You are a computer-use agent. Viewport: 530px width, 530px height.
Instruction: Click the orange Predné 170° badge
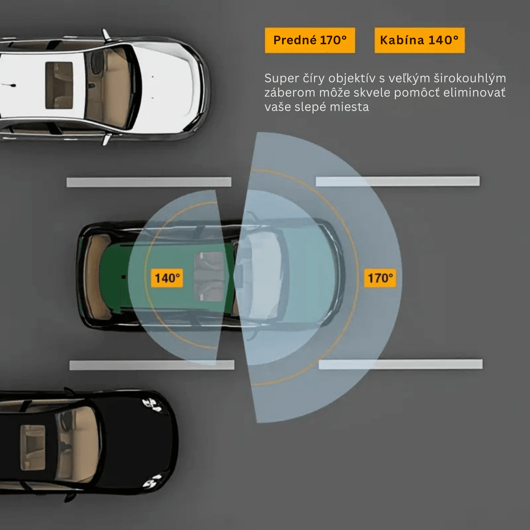coord(310,40)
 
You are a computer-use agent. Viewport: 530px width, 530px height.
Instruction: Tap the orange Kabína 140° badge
coord(420,40)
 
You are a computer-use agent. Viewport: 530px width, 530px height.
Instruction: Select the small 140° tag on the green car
coord(167,278)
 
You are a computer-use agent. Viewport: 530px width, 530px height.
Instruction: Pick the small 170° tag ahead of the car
coord(380,278)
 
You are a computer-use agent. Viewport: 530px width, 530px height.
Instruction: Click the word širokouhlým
coord(470,78)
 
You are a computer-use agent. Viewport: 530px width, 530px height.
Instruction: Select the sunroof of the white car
coord(59,85)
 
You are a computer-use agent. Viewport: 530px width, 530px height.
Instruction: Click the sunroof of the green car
coord(209,276)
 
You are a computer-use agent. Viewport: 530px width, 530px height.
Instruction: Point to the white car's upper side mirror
coord(106,35)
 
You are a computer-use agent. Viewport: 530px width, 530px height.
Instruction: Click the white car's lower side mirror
coord(106,139)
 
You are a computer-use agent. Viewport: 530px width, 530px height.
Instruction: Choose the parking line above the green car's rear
coord(149,182)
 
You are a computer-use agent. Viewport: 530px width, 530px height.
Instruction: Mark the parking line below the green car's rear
coord(152,365)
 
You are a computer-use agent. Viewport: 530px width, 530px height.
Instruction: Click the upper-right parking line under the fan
coord(398,181)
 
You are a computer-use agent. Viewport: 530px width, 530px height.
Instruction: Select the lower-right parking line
coord(401,364)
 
